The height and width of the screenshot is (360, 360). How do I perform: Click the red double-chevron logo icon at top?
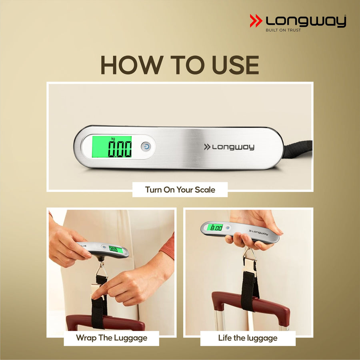(256, 21)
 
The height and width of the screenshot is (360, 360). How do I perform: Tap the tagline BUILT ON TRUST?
(283, 30)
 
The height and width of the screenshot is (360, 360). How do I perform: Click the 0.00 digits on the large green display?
(120, 149)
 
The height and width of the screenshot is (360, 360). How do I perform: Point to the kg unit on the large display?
(113, 138)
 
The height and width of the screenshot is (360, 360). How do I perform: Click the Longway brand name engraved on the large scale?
(229, 147)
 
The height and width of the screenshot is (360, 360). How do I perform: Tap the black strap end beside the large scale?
(298, 149)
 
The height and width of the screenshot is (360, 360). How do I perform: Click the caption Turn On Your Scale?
(180, 190)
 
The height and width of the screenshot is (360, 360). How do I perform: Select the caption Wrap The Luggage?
(112, 338)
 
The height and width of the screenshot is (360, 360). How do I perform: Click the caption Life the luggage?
(248, 338)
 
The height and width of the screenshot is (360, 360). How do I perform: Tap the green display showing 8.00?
(215, 228)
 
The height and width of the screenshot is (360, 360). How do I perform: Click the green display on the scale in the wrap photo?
(116, 250)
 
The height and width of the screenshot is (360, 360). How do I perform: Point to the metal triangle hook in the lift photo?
(250, 255)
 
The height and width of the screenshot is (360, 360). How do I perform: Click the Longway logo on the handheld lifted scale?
(258, 232)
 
